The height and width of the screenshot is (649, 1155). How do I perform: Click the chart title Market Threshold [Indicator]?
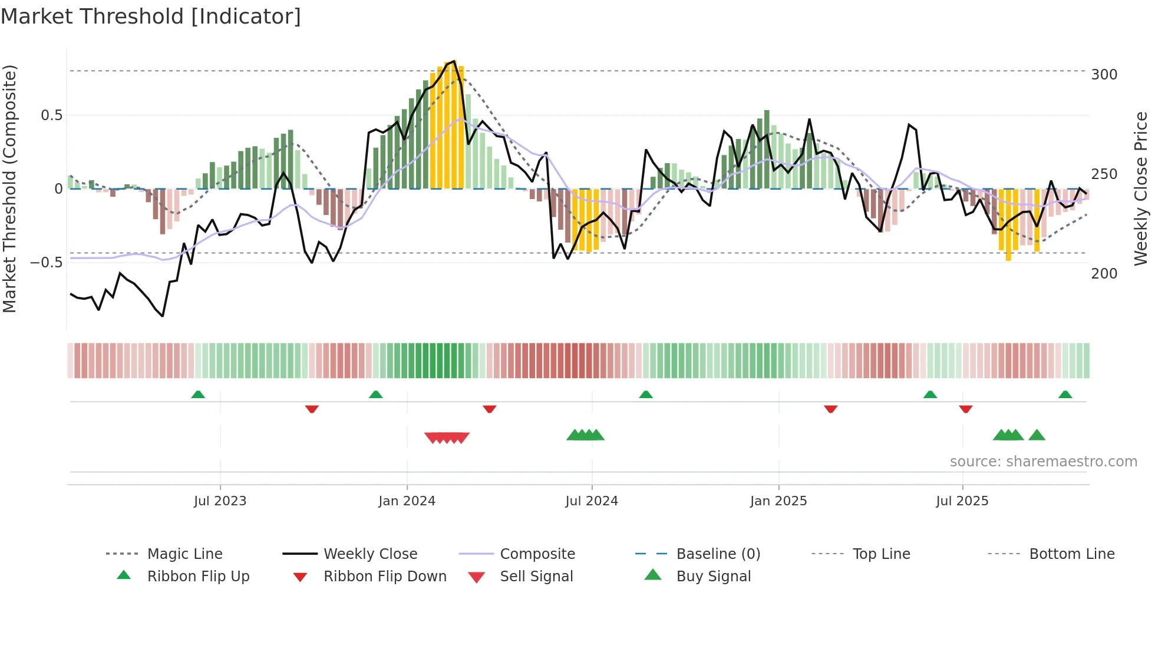pyautogui.click(x=151, y=16)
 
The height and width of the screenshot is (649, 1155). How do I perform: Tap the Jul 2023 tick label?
pyautogui.click(x=220, y=501)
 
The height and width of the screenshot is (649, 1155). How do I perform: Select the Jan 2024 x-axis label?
pyautogui.click(x=407, y=501)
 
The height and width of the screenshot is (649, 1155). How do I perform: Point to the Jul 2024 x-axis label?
pyautogui.click(x=592, y=501)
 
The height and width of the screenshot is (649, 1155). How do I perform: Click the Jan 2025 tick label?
pyautogui.click(x=778, y=501)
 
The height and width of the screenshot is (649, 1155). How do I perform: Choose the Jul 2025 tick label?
pyautogui.click(x=962, y=501)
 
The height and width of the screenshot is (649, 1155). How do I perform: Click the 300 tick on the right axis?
pyautogui.click(x=1104, y=75)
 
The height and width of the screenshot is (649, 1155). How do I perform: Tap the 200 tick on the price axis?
pyautogui.click(x=1104, y=274)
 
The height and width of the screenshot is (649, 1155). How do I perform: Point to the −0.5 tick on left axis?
pyautogui.click(x=46, y=263)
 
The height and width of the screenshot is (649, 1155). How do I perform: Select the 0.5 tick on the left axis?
pyautogui.click(x=51, y=115)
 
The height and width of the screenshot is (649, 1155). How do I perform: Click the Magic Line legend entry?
pyautogui.click(x=184, y=554)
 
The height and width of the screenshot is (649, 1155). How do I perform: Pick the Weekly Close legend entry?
pyautogui.click(x=370, y=554)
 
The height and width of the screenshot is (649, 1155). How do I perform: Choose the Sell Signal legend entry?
pyautogui.click(x=536, y=577)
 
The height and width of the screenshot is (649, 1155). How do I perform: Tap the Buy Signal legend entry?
pyautogui.click(x=713, y=577)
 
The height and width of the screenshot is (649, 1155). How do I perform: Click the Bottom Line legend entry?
pyautogui.click(x=1071, y=554)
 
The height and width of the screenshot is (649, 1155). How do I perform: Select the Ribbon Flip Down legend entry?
pyautogui.click(x=385, y=577)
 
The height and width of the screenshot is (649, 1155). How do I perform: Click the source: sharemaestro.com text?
pyautogui.click(x=1043, y=462)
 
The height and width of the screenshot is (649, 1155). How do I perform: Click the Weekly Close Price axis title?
pyautogui.click(x=1141, y=188)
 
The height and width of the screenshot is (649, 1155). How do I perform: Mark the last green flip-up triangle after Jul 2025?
pyautogui.click(x=1065, y=395)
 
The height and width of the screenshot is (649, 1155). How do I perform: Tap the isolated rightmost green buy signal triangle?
pyautogui.click(x=1037, y=435)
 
